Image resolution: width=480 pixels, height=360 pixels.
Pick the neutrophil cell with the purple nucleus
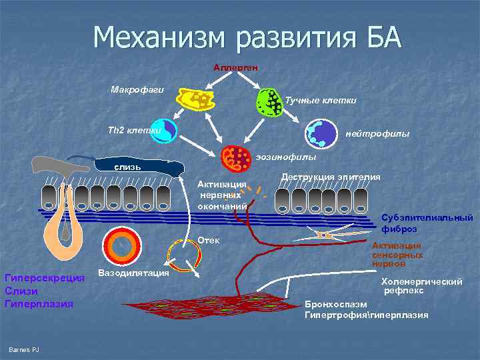(x=321, y=133)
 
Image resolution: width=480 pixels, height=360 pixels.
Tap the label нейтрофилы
(x=377, y=134)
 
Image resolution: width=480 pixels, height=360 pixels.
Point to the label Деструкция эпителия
(x=331, y=177)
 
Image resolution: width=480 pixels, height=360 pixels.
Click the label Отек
(x=208, y=240)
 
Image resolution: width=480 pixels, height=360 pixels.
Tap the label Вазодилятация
(x=133, y=273)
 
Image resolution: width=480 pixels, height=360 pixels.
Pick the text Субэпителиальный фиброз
(x=427, y=223)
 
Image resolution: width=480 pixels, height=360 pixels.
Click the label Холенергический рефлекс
(x=421, y=286)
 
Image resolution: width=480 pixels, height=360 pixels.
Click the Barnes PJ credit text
(x=24, y=351)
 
